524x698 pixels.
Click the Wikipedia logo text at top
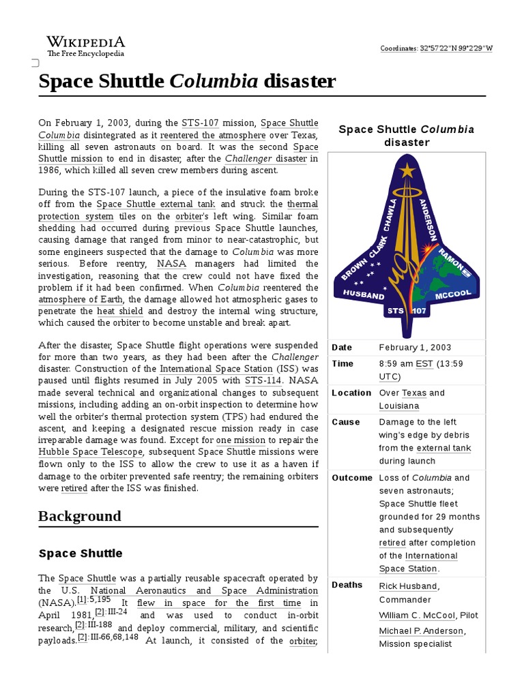(x=85, y=42)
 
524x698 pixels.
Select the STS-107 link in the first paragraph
(x=200, y=123)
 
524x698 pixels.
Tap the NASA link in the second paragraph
(x=171, y=264)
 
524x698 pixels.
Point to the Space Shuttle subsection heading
(x=81, y=553)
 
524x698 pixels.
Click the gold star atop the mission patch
(x=407, y=170)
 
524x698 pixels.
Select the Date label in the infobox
(x=342, y=348)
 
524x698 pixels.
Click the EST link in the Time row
(x=424, y=364)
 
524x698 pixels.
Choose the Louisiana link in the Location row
(x=399, y=406)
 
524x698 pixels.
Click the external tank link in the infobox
(x=443, y=449)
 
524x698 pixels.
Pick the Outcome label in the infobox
(x=351, y=478)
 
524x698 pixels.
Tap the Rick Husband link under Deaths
(x=408, y=586)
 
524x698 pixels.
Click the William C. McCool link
(x=417, y=616)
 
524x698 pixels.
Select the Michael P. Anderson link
(x=422, y=631)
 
